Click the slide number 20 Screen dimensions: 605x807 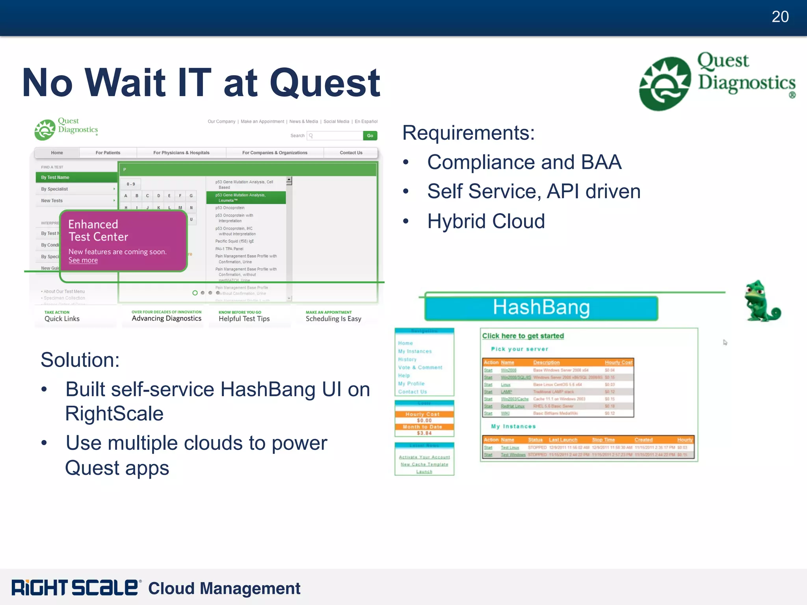(x=780, y=17)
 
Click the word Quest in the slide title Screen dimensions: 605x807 (x=325, y=83)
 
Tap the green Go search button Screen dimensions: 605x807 (x=370, y=135)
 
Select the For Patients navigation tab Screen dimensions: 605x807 (x=108, y=153)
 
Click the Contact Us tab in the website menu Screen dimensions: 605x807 (x=351, y=153)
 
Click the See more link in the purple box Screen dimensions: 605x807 (x=83, y=260)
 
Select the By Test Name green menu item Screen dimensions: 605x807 (x=55, y=178)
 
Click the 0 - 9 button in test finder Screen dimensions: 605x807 (x=131, y=184)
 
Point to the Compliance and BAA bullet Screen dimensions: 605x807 (x=524, y=162)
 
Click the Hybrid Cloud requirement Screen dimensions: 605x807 (x=486, y=221)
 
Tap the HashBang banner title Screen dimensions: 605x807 (x=541, y=308)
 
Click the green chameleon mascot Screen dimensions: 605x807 (x=761, y=301)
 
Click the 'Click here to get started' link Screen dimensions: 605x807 (x=523, y=336)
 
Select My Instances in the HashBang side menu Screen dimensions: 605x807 (x=415, y=351)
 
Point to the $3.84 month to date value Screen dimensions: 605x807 (x=424, y=433)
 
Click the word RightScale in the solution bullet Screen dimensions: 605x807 (x=114, y=414)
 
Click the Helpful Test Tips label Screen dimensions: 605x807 (x=244, y=319)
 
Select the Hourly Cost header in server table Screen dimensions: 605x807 (x=618, y=362)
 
